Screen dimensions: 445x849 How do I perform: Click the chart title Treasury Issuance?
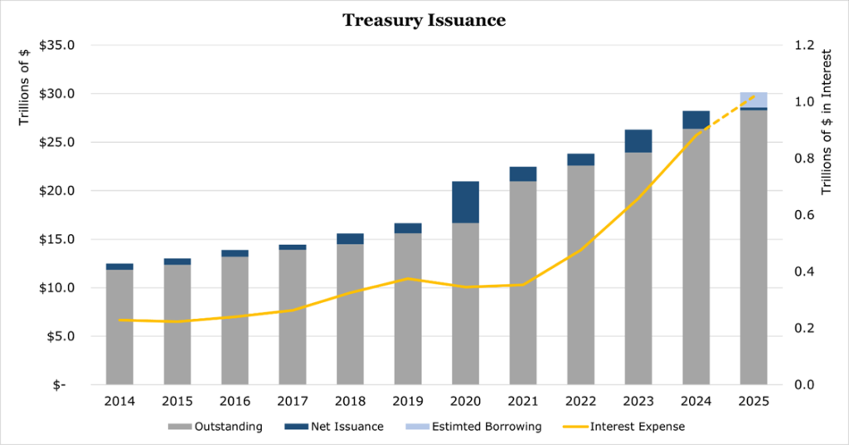[x=424, y=21]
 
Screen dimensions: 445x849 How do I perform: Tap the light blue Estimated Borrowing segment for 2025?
[x=753, y=100]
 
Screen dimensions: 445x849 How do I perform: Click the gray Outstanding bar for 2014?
[x=120, y=327]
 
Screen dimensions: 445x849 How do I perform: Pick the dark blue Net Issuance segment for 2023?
[x=638, y=141]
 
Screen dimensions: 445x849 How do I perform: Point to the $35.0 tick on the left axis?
[x=57, y=45]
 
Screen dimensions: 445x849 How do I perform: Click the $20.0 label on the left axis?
[x=57, y=191]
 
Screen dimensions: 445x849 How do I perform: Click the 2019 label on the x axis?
[x=408, y=401]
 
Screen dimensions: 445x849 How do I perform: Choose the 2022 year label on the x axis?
[x=580, y=401]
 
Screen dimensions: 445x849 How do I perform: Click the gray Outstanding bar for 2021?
[x=522, y=283]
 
